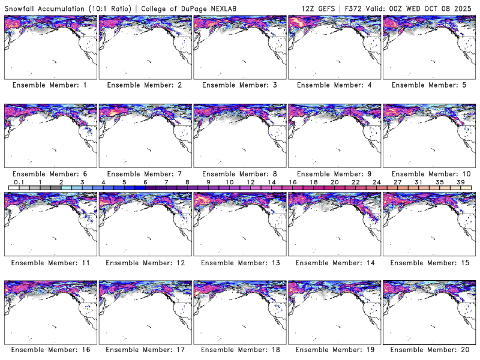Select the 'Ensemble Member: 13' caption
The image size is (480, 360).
point(239,263)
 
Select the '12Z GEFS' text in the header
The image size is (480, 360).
point(322,7)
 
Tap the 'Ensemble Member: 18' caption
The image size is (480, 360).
point(239,350)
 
